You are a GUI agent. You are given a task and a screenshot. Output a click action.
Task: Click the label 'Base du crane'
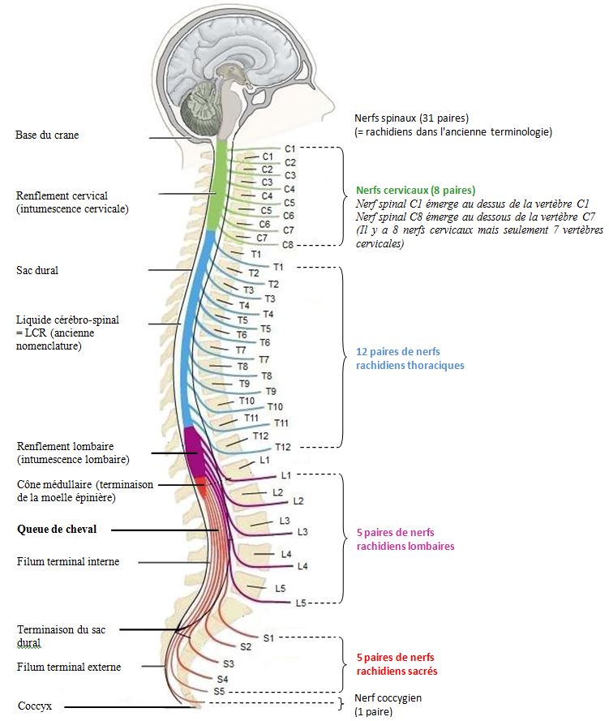(47, 135)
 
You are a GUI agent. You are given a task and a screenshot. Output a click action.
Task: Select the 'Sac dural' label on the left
(38, 269)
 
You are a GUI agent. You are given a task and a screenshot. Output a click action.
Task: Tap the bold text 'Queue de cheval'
(57, 529)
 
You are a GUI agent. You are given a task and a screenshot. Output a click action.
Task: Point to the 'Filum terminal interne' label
(67, 561)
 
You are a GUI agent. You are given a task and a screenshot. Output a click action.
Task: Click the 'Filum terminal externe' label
(68, 667)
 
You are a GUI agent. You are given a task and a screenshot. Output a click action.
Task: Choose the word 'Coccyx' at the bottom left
(35, 706)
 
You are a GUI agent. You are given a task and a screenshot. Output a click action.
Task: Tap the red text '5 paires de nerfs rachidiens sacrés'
(397, 663)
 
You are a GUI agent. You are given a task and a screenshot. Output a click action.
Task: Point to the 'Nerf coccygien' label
(388, 697)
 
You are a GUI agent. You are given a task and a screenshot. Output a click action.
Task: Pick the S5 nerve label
(219, 691)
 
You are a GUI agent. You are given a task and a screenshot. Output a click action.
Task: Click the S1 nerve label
(268, 637)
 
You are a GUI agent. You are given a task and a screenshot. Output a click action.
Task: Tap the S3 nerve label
(228, 663)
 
